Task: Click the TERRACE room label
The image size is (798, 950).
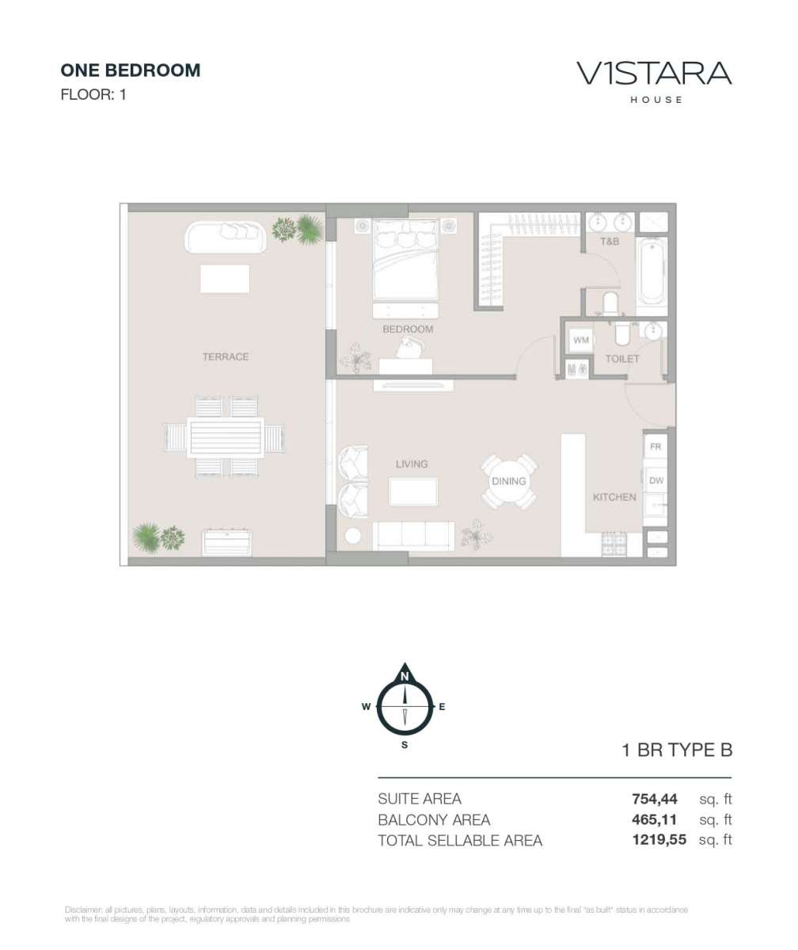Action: click(225, 357)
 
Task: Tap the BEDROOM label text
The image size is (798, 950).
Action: click(408, 329)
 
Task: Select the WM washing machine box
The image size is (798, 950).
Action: click(580, 340)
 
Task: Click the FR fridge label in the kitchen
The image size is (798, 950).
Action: click(655, 446)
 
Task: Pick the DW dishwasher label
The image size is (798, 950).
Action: click(656, 480)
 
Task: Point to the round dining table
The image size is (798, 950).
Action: click(508, 481)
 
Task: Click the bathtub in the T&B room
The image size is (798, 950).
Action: click(652, 275)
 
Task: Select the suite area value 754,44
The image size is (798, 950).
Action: click(654, 799)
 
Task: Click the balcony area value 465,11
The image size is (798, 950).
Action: click(654, 819)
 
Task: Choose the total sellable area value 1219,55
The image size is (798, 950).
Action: click(659, 839)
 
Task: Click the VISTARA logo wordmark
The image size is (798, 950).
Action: click(654, 74)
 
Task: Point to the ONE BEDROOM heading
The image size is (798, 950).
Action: click(131, 70)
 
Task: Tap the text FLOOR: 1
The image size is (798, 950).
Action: click(93, 95)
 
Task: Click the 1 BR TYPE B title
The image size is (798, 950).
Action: click(677, 750)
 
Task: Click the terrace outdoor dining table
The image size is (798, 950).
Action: click(225, 438)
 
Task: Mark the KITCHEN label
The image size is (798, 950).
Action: click(614, 497)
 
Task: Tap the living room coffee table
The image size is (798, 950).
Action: click(413, 492)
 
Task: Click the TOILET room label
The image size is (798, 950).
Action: click(622, 359)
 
